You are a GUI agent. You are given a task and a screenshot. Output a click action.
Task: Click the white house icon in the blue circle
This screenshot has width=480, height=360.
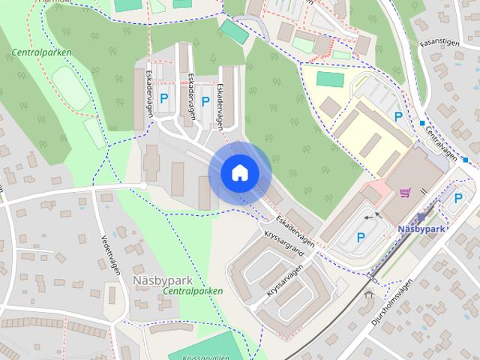pyautogui.click(x=239, y=173)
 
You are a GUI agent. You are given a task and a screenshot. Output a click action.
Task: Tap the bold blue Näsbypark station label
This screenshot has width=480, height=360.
pyautogui.click(x=423, y=228)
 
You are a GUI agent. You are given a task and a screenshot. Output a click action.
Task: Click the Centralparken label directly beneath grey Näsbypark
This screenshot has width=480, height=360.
pyautogui.click(x=193, y=290)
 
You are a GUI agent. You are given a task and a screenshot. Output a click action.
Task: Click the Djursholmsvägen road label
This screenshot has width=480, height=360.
pyautogui.click(x=393, y=304)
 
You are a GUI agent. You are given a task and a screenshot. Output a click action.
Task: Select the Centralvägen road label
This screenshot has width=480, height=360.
pyautogui.click(x=440, y=141)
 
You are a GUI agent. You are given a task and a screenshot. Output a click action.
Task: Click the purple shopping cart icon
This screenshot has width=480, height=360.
pyautogui.click(x=405, y=193)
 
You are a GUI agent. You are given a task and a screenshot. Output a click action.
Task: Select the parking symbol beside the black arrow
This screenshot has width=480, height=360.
pyautogui.click(x=361, y=238)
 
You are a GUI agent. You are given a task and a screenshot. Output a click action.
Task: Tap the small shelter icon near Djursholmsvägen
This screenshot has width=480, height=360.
pyautogui.click(x=368, y=294)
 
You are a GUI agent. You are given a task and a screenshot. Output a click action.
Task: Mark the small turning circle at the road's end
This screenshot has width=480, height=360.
pyautogui.click(x=143, y=185)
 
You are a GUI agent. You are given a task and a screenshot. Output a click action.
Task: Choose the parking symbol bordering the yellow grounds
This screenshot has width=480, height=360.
pyautogui.click(x=398, y=116)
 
